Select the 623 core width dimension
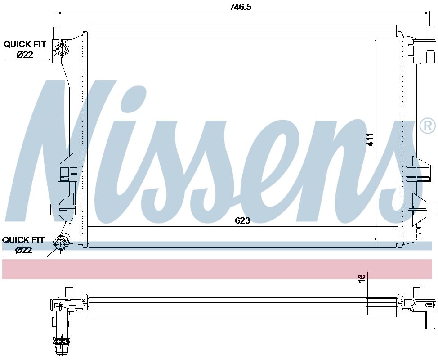tap(241, 220)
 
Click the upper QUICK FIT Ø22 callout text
tap(25, 49)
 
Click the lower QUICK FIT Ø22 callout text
tap(23, 245)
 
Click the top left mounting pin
tap(57, 33)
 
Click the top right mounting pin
tap(429, 33)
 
